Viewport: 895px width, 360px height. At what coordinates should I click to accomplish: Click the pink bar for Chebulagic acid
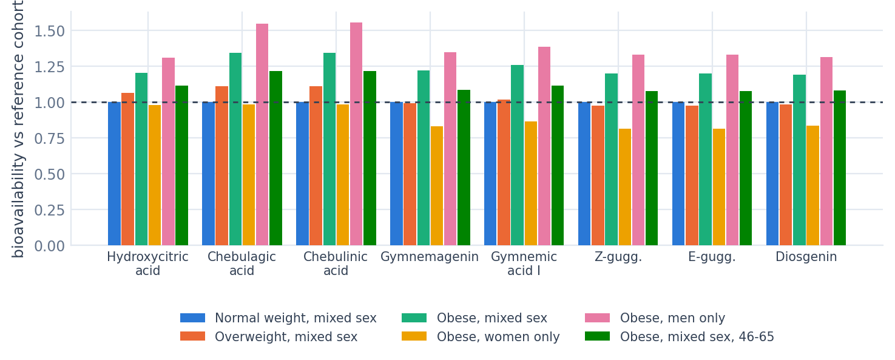(x=262, y=134)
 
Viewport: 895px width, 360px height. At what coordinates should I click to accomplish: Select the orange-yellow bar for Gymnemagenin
(x=437, y=186)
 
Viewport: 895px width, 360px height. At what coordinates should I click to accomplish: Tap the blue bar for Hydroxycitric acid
(x=114, y=174)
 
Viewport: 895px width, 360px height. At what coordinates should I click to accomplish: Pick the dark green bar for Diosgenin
(x=839, y=168)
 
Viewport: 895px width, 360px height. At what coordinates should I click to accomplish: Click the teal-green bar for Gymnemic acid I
(x=517, y=155)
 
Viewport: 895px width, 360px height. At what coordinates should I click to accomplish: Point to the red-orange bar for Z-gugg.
(x=598, y=175)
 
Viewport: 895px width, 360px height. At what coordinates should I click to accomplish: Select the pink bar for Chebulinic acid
(x=356, y=134)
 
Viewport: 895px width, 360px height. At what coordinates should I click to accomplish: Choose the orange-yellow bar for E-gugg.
(x=719, y=187)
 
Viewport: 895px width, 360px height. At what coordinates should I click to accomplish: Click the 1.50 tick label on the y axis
(x=49, y=31)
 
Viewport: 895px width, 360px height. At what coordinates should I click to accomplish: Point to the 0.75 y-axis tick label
(x=49, y=138)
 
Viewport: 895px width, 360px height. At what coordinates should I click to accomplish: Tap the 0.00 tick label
(x=49, y=246)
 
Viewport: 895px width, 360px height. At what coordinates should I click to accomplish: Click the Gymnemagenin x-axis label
(x=430, y=257)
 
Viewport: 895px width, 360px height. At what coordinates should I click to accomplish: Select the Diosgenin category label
(x=806, y=257)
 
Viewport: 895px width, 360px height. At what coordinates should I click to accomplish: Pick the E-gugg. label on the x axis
(x=712, y=257)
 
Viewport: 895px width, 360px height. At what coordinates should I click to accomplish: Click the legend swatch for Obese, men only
(x=597, y=318)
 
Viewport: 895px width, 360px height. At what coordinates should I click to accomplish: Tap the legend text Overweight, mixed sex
(x=286, y=337)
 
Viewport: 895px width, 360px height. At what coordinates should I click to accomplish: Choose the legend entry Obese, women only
(x=481, y=336)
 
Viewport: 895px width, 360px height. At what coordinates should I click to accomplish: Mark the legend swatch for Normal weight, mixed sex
(x=192, y=318)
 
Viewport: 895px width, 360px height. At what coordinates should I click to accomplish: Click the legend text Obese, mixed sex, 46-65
(x=697, y=337)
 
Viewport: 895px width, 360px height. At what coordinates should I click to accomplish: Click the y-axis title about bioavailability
(x=18, y=129)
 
